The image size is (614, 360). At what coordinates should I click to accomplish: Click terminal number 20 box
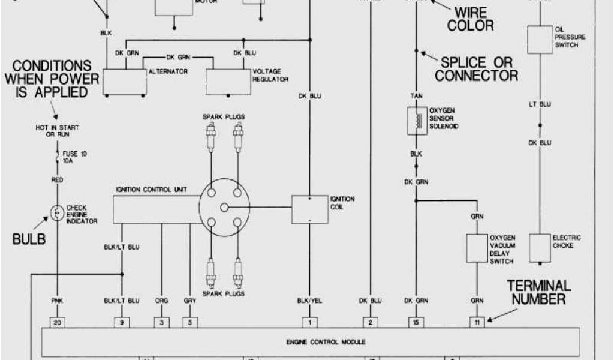coord(58,322)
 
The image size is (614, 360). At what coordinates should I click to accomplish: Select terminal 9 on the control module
coord(122,322)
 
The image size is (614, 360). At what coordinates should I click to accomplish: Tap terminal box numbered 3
coord(162,322)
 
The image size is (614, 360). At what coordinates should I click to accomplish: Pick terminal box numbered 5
coord(189,322)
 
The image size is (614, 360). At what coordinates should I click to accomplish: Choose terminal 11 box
coord(477,322)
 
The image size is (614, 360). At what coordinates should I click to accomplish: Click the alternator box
coord(125,80)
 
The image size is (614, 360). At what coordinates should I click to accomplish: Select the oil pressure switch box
coord(539,39)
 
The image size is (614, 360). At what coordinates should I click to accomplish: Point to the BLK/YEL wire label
coord(309,301)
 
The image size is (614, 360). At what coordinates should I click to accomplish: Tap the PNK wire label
coord(58,301)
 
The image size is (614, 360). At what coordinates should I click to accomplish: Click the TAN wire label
coord(415,95)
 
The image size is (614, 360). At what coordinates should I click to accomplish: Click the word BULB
coord(29,240)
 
